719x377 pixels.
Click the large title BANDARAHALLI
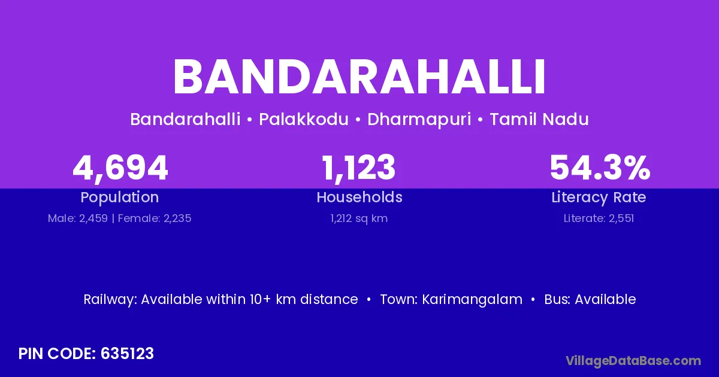click(x=359, y=77)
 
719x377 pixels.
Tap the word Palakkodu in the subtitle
click(x=304, y=119)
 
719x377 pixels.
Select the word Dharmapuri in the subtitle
click(x=419, y=120)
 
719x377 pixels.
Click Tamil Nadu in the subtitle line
click(x=539, y=119)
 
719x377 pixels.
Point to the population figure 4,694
click(x=120, y=168)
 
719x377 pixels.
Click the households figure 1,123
click(x=358, y=168)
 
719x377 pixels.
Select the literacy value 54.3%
click(x=600, y=168)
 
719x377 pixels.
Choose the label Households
click(x=359, y=197)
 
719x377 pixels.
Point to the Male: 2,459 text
click(x=78, y=218)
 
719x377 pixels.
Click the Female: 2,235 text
click(x=155, y=218)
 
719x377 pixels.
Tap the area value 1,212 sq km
click(x=359, y=218)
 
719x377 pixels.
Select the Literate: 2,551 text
click(x=599, y=218)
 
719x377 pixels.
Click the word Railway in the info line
click(x=110, y=300)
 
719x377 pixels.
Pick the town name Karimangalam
click(x=472, y=300)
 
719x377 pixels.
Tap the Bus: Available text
click(x=590, y=299)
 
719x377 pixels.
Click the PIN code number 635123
click(x=127, y=354)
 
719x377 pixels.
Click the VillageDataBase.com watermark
click(x=633, y=361)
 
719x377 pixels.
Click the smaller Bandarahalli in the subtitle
click(x=185, y=119)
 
